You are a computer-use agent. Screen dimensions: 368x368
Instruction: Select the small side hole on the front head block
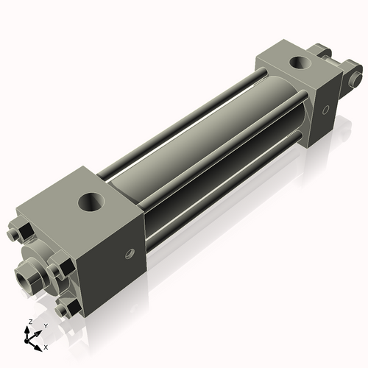131,253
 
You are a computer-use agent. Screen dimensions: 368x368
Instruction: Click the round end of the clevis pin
356,77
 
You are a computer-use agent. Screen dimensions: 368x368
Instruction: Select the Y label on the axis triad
46,325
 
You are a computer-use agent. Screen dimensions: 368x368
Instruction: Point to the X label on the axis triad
46,346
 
